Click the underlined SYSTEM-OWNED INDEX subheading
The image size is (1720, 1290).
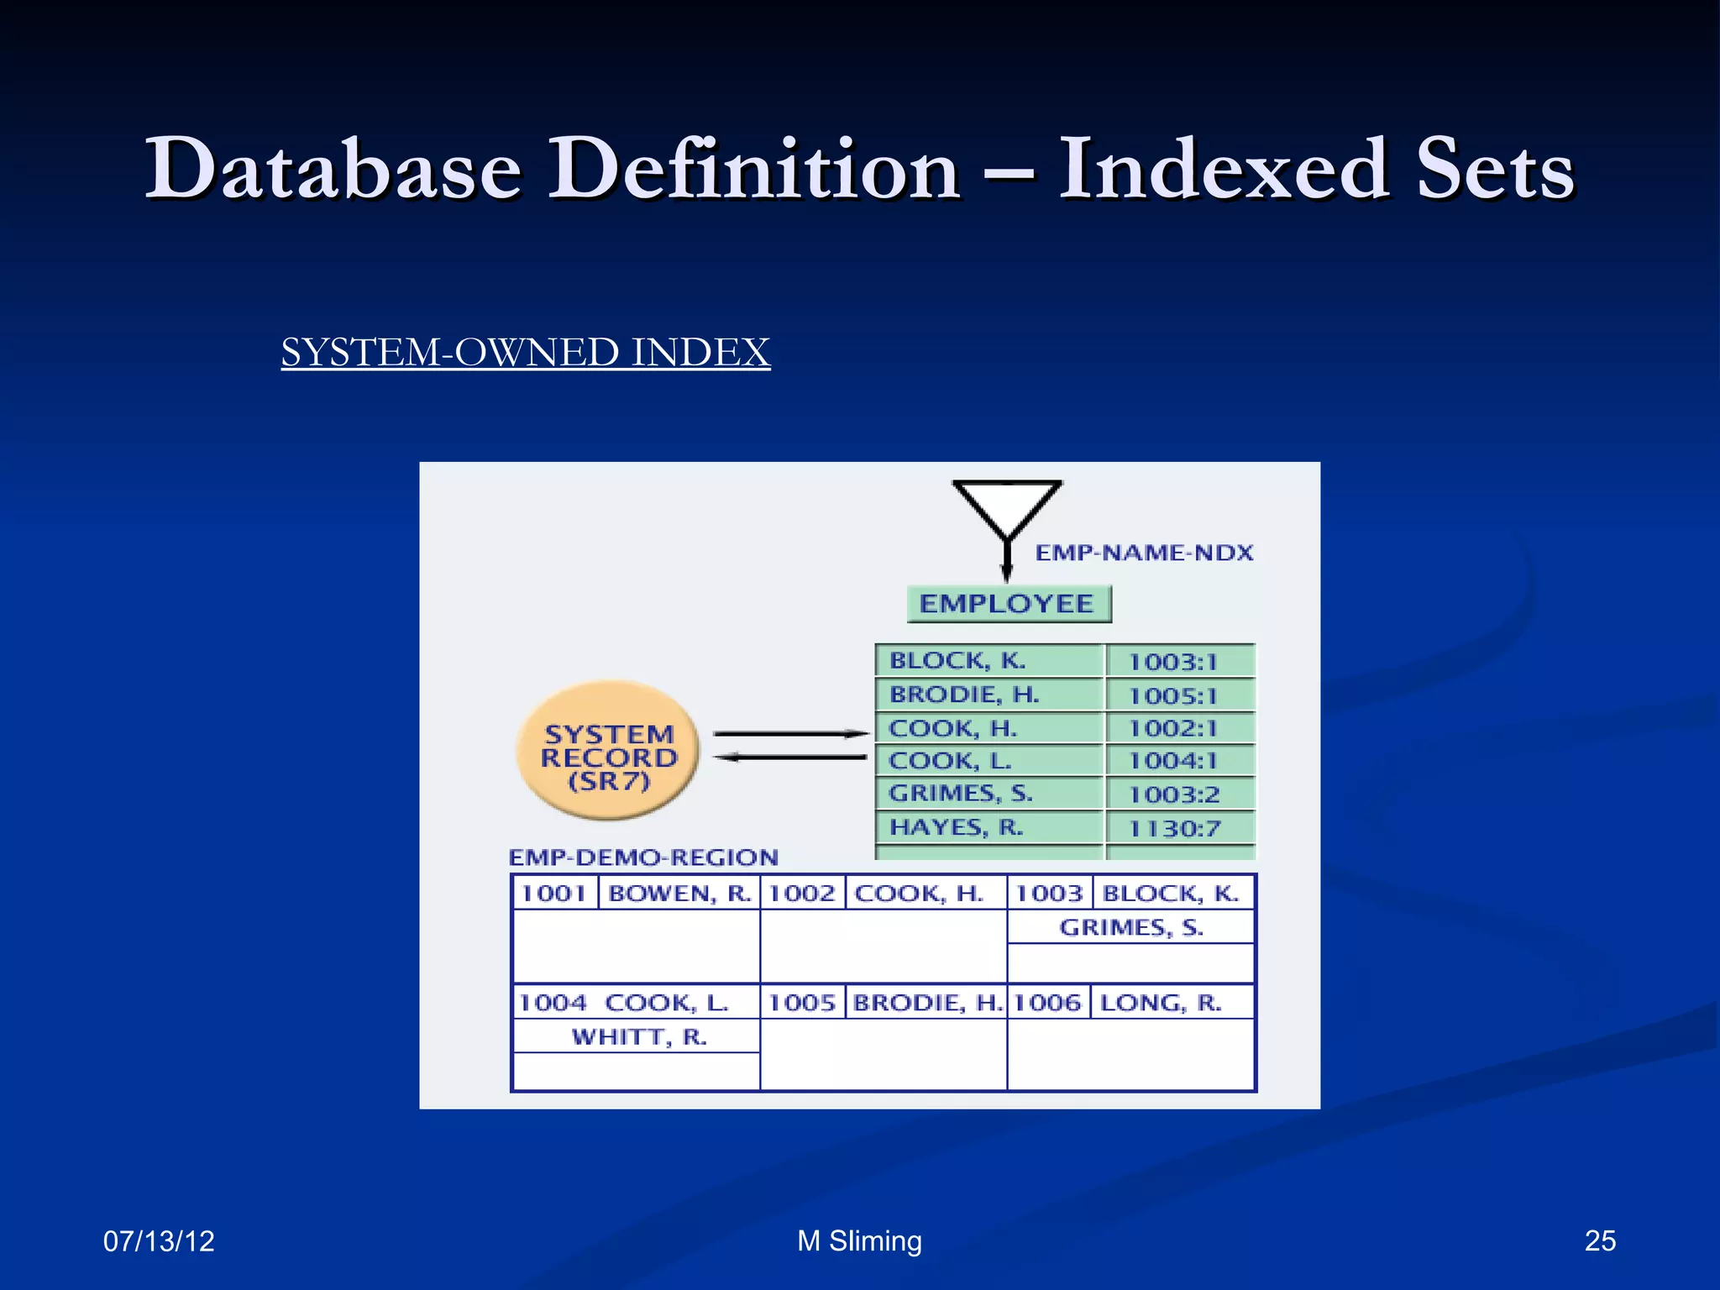click(x=525, y=352)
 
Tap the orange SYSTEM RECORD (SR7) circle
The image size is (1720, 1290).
click(x=608, y=752)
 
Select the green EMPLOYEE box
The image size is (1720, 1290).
click(x=1008, y=604)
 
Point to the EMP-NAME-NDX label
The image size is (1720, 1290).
click(x=1144, y=553)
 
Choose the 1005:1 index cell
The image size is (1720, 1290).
click(x=1172, y=696)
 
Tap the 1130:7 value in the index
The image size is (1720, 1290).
click(x=1174, y=830)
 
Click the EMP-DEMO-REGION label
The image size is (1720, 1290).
click(x=643, y=857)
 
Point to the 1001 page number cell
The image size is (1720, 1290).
click(x=553, y=893)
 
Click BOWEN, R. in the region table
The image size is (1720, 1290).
click(x=679, y=893)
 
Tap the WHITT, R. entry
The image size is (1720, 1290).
click(x=638, y=1037)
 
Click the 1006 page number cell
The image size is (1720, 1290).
click(x=1047, y=1003)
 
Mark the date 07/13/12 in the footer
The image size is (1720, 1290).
click(x=159, y=1240)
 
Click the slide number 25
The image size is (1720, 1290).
click(x=1600, y=1240)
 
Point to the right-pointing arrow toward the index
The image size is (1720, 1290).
click(x=789, y=734)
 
